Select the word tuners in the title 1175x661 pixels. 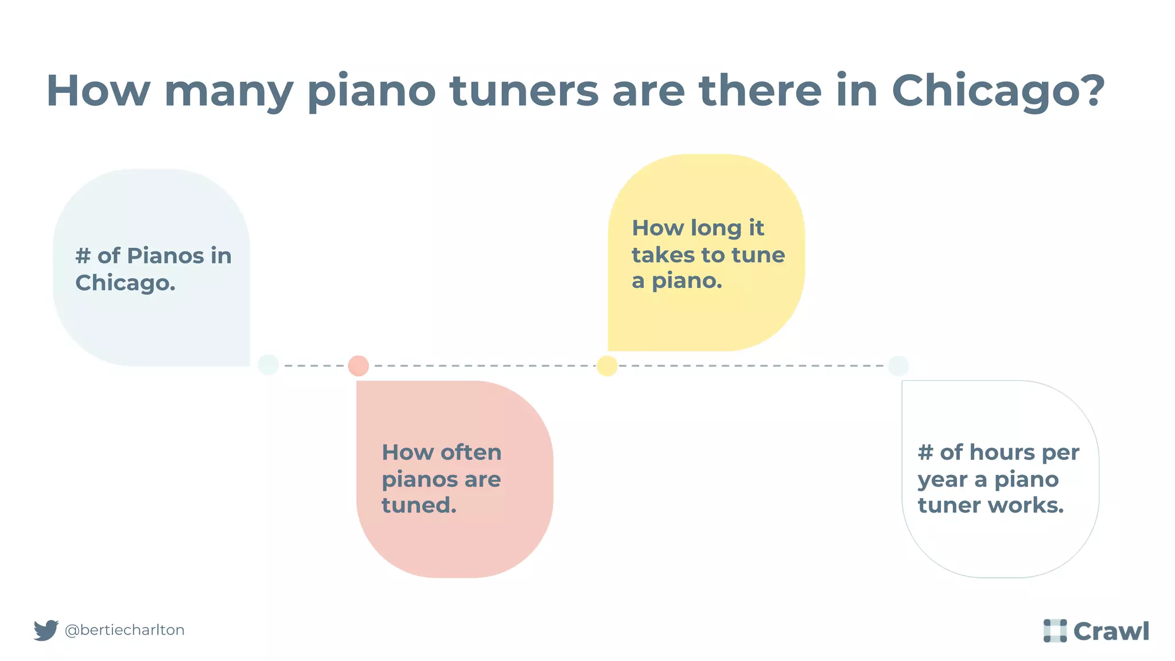click(x=524, y=91)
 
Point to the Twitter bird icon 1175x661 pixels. click(x=46, y=630)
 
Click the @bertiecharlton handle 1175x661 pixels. click(x=124, y=630)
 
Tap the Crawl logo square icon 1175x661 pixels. click(x=1055, y=631)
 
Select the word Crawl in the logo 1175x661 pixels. click(x=1111, y=631)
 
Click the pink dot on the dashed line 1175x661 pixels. click(x=359, y=366)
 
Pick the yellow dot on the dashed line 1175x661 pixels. click(x=607, y=366)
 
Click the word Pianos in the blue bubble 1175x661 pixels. click(x=165, y=256)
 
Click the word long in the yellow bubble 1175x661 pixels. click(x=716, y=228)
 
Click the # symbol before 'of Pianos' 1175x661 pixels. click(x=83, y=256)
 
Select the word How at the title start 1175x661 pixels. click(x=98, y=91)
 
